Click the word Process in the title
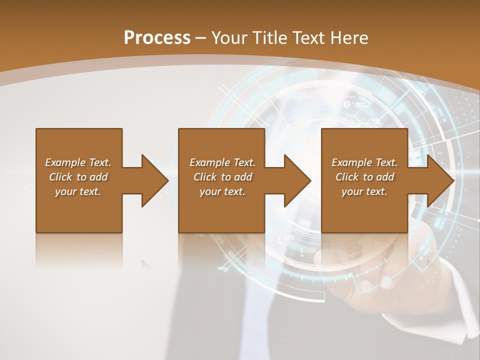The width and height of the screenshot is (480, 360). [x=157, y=37]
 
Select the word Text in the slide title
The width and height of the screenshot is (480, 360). [x=308, y=37]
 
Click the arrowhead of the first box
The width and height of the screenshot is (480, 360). [x=155, y=180]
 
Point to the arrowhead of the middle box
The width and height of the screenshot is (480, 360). [x=298, y=180]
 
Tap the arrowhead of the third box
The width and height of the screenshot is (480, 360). [x=441, y=180]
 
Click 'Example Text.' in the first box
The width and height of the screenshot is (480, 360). [x=78, y=162]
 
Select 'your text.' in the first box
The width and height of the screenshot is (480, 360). [x=78, y=191]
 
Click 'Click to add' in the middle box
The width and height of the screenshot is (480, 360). [x=222, y=177]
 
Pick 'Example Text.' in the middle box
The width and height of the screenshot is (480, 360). [x=222, y=162]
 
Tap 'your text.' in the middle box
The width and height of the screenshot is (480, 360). [x=222, y=191]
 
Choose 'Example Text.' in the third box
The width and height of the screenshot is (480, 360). [x=364, y=162]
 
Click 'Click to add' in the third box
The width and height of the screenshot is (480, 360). [x=364, y=177]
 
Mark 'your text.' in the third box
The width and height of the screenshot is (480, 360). [x=364, y=191]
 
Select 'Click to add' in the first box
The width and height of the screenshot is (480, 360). [x=78, y=177]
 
